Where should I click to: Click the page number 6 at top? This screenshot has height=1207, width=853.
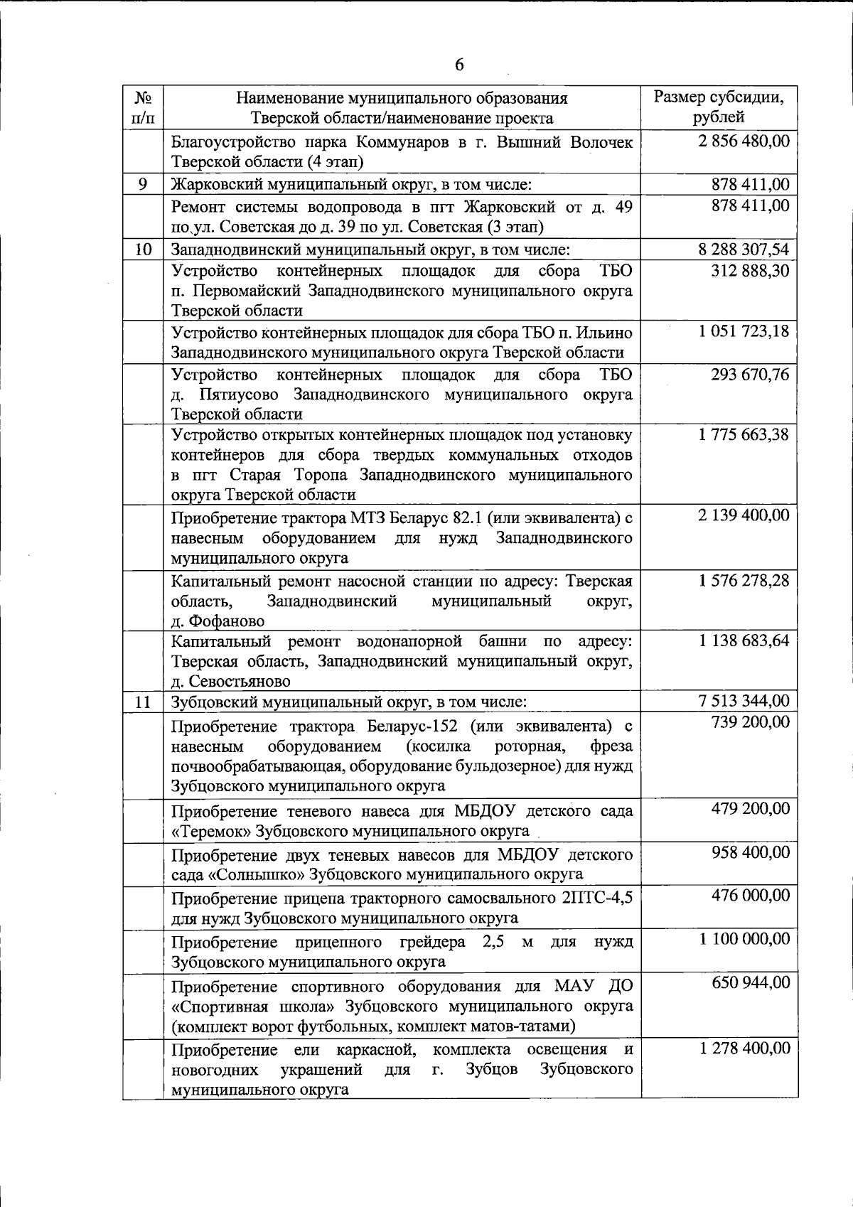click(458, 65)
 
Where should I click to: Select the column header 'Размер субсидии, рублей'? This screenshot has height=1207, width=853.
click(719, 107)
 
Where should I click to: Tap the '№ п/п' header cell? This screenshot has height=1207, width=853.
click(143, 107)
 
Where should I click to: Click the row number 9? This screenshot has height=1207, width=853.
click(143, 184)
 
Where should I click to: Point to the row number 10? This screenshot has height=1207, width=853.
click(143, 250)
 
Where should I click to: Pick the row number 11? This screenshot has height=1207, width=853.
click(143, 702)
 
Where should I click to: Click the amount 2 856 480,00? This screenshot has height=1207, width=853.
click(744, 141)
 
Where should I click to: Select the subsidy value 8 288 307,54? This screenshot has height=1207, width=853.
click(744, 250)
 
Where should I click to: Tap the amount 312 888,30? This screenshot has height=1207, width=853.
click(750, 271)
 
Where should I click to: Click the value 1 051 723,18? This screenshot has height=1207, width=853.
click(744, 331)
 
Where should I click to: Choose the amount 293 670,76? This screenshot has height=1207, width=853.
click(750, 374)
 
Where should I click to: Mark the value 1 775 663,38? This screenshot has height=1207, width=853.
click(744, 434)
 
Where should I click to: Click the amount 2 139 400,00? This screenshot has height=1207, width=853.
click(744, 515)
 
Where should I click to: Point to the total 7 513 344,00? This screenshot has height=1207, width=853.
click(744, 701)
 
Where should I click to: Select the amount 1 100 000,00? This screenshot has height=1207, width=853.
click(744, 938)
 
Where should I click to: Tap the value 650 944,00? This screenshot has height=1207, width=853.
click(751, 982)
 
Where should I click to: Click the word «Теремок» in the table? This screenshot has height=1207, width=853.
click(210, 831)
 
